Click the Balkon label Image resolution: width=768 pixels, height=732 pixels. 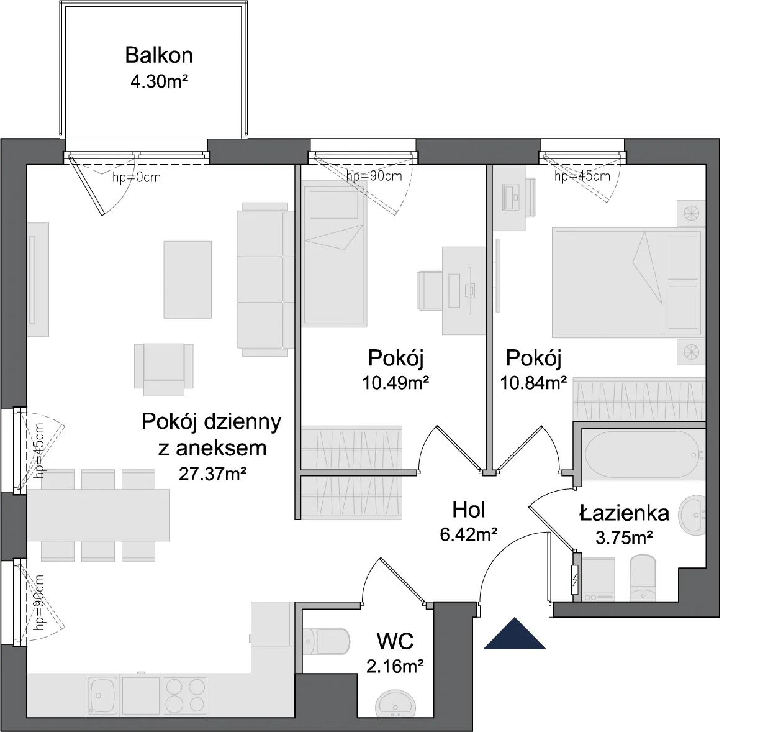[158, 55]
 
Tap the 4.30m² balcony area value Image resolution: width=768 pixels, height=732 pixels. [160, 82]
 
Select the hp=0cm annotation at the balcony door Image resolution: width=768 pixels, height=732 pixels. [137, 178]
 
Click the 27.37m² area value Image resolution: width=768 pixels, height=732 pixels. [212, 474]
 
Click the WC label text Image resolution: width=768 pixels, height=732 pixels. [395, 641]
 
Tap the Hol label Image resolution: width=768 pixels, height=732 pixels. [469, 510]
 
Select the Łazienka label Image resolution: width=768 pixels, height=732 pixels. [624, 513]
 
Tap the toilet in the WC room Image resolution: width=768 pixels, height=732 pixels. [327, 641]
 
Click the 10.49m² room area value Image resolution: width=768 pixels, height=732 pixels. [395, 383]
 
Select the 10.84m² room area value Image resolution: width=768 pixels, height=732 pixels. [533, 383]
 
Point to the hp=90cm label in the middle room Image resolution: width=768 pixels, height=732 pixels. [374, 176]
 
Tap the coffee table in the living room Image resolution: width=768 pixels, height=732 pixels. [187, 280]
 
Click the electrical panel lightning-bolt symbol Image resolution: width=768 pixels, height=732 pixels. [575, 580]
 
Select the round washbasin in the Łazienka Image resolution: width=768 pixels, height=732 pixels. [692, 515]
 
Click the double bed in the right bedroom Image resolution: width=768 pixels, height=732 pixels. [626, 282]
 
